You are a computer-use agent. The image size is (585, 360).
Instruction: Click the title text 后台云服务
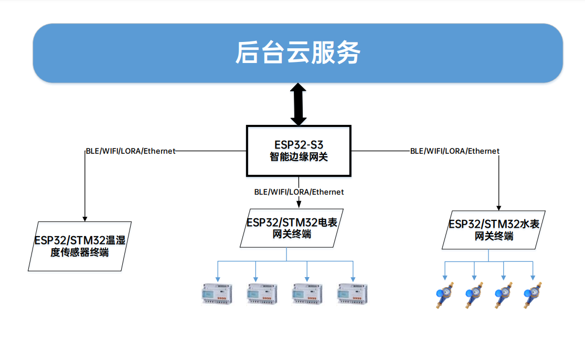click(297, 52)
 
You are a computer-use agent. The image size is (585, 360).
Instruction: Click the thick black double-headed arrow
click(299, 104)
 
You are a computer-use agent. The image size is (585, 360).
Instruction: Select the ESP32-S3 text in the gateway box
click(299, 145)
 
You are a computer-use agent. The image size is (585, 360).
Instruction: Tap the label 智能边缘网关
click(299, 157)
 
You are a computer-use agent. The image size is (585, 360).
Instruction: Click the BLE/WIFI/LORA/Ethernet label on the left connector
click(131, 151)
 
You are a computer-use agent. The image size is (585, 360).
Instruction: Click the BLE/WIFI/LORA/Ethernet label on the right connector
click(455, 151)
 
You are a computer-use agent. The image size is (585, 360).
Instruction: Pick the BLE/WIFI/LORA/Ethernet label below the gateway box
click(299, 192)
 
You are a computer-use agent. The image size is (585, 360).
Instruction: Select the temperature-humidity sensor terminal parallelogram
click(79, 246)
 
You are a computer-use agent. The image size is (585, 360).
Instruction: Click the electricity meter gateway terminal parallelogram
click(291, 228)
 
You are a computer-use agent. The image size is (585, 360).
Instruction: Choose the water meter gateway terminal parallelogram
click(494, 230)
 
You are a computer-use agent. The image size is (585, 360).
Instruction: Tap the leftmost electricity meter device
click(217, 294)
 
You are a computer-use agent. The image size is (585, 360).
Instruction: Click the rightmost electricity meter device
click(353, 294)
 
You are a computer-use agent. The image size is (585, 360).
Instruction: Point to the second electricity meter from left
click(262, 294)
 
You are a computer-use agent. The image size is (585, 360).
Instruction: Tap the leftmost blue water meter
click(445, 295)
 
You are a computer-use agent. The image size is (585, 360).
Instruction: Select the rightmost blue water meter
click(533, 295)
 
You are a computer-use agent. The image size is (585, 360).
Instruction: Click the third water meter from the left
click(504, 295)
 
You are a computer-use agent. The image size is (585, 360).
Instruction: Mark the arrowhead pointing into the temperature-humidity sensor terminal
click(85, 219)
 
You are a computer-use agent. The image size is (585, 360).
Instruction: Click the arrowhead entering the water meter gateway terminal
click(499, 208)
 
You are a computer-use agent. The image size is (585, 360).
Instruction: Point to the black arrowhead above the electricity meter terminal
click(299, 205)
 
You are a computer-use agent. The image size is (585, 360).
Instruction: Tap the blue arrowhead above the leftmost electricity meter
click(218, 279)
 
